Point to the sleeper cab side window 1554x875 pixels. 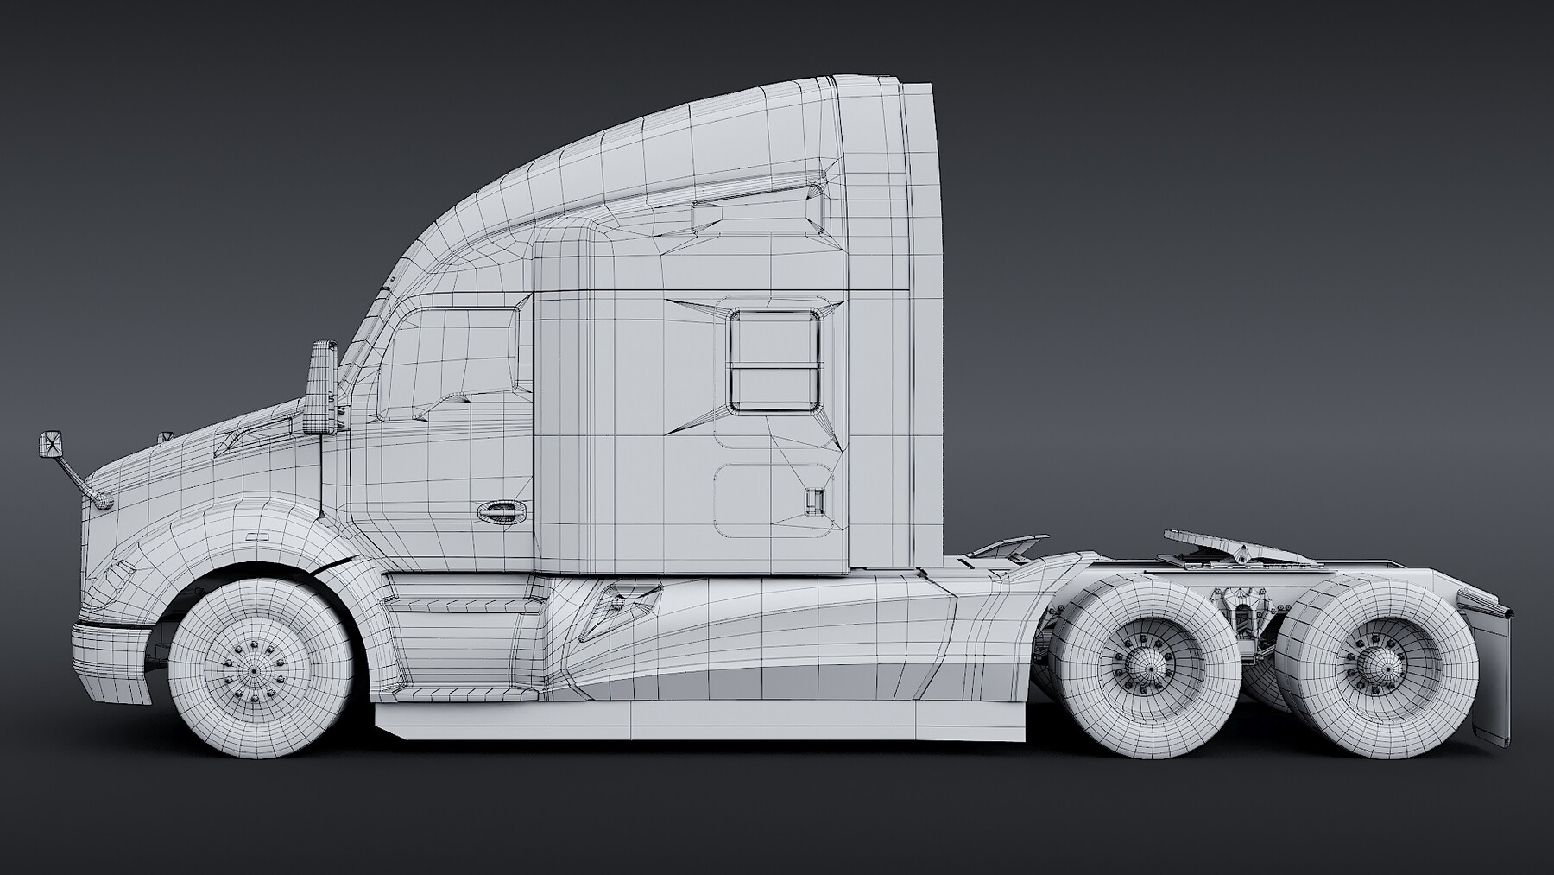click(774, 361)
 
